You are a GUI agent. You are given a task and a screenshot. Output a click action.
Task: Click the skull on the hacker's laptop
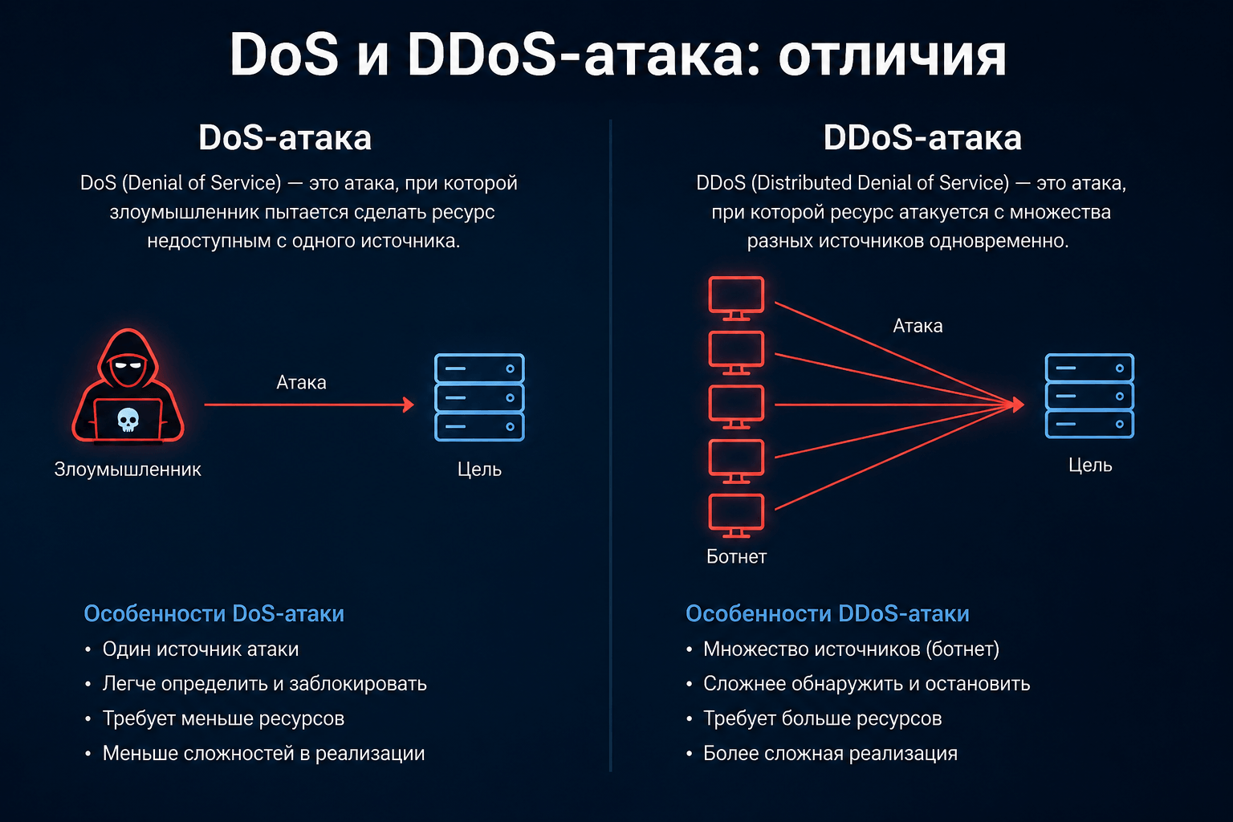(x=128, y=420)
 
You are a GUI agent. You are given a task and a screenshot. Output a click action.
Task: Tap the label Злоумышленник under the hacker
(x=128, y=470)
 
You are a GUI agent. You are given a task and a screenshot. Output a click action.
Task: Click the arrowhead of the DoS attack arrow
(x=409, y=405)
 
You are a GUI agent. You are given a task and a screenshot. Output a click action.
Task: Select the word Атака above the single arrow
(x=301, y=382)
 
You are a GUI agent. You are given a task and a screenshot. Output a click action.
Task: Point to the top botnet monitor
(x=736, y=298)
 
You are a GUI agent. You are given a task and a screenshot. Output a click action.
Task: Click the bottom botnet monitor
(x=736, y=515)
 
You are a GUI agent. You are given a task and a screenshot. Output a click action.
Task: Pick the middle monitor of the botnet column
(x=736, y=406)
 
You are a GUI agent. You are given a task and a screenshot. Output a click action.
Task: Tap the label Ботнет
(x=736, y=556)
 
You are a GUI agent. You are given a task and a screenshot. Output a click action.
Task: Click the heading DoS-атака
(x=285, y=137)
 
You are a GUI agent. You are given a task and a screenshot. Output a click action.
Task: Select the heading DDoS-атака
(x=922, y=137)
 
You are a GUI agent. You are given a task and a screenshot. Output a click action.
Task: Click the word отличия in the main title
(x=893, y=56)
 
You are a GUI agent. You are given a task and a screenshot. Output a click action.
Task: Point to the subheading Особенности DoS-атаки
(x=214, y=613)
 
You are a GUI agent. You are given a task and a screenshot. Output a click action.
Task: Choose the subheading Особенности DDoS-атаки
(x=828, y=613)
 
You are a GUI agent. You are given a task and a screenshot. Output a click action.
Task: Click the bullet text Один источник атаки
(x=201, y=649)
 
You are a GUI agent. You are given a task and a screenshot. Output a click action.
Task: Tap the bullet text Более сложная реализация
(x=831, y=753)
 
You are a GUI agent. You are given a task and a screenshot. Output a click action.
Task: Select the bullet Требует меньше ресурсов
(x=223, y=718)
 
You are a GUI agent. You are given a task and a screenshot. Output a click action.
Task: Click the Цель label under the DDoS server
(x=1090, y=466)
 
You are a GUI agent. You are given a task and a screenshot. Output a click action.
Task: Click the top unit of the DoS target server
(x=479, y=368)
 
